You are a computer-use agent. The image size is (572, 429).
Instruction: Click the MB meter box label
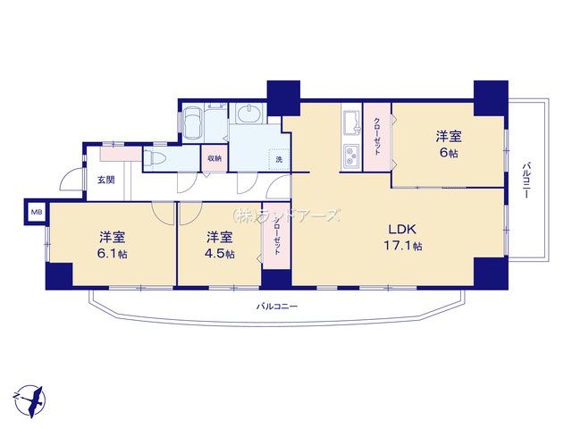coord(37,213)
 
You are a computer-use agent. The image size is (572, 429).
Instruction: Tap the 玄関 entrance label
coord(105,181)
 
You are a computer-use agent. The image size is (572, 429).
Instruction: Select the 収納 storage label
coord(214,158)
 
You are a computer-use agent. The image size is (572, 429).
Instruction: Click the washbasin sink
coord(248,114)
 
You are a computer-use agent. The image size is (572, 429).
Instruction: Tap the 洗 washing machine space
coord(278,159)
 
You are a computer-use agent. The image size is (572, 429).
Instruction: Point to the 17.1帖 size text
coord(404,246)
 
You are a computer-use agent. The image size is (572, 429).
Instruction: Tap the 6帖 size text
coord(449,154)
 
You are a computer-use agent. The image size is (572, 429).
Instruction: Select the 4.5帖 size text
coord(221,255)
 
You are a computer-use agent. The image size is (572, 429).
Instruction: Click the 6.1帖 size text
coord(112,255)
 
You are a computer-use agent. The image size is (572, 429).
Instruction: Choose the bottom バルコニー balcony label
coord(277,307)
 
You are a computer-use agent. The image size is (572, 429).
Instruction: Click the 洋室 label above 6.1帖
coord(112,237)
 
